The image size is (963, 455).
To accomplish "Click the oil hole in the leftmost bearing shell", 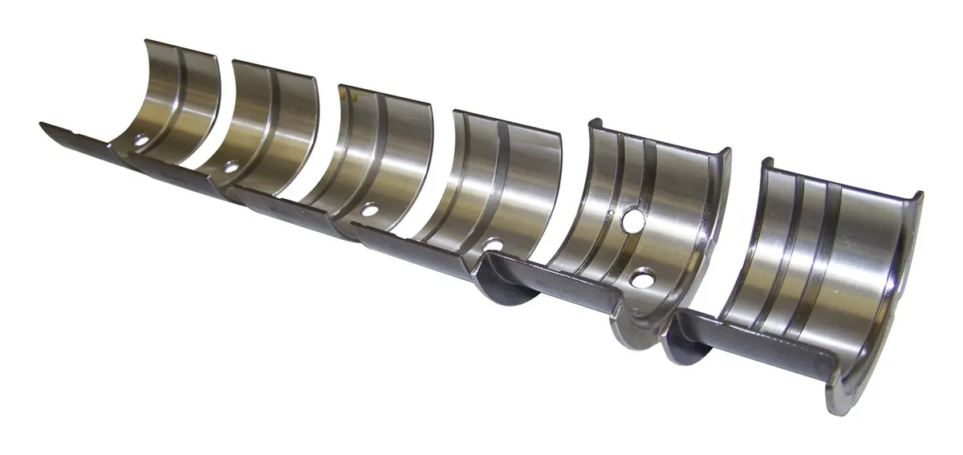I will [141, 141].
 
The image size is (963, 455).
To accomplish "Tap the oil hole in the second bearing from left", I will [231, 168].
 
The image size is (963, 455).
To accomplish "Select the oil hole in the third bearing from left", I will [369, 210].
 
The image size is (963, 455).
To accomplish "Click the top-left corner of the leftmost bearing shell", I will [147, 41].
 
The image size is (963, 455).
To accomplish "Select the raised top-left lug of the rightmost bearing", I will [768, 164].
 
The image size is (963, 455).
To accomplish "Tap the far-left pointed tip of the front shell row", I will [42, 125].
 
